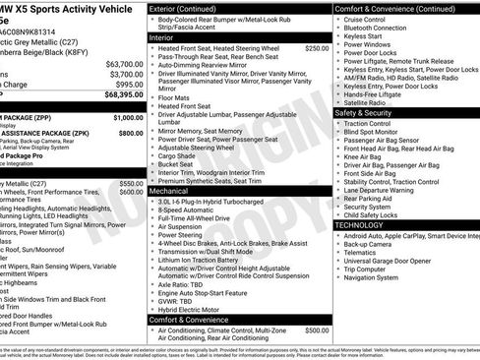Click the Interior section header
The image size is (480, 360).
pos(162,36)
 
